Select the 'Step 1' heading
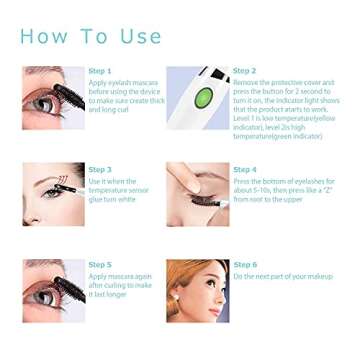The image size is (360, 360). coord(100,71)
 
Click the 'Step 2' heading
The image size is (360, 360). coord(244,71)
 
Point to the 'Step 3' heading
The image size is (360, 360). coord(100,169)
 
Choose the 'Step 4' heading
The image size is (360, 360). coord(244,169)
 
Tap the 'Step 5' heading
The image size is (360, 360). coord(100,264)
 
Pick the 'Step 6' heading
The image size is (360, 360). coord(244,264)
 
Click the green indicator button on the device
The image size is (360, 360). coord(203,98)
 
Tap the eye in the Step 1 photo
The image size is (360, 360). coord(45,102)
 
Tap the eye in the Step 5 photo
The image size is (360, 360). coord(44,296)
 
